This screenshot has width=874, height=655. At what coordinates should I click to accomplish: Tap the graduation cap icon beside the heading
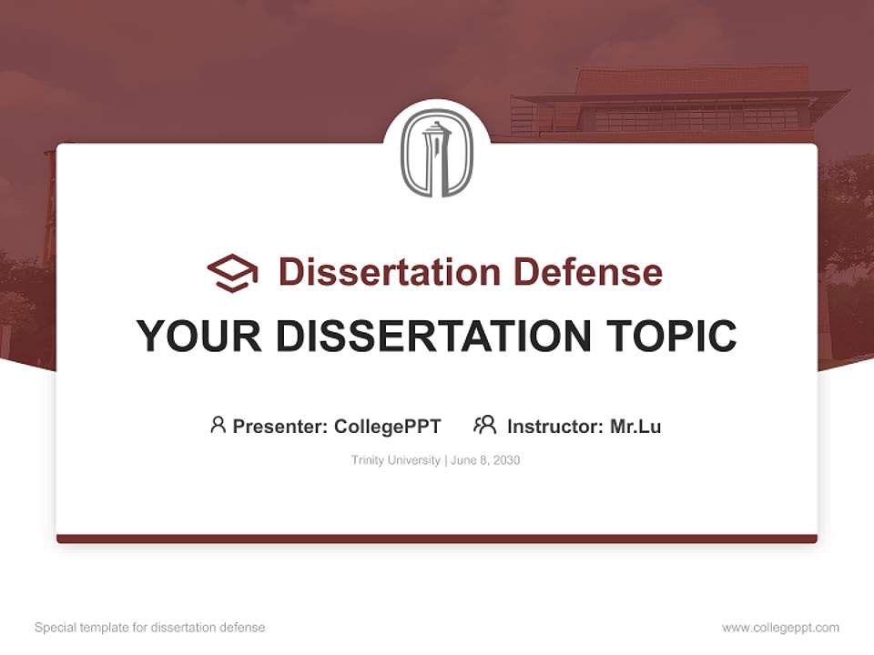(x=232, y=273)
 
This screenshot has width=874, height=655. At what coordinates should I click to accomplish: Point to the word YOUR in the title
(x=198, y=337)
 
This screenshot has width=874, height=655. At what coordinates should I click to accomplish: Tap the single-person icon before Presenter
(x=218, y=425)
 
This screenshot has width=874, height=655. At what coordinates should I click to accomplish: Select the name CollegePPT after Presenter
(x=388, y=426)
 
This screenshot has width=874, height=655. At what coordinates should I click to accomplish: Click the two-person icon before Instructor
(x=485, y=425)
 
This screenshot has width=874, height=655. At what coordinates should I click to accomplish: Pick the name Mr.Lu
(x=635, y=426)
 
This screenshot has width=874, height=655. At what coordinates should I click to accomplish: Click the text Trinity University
(x=395, y=460)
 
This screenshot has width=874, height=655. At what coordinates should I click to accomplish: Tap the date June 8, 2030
(x=485, y=460)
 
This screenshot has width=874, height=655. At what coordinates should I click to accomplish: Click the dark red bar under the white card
(x=437, y=539)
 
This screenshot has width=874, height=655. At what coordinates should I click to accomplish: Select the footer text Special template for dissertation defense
(x=150, y=628)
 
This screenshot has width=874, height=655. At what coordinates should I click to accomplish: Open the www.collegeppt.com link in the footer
(x=780, y=628)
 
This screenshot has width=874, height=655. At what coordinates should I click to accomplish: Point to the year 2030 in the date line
(x=505, y=460)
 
